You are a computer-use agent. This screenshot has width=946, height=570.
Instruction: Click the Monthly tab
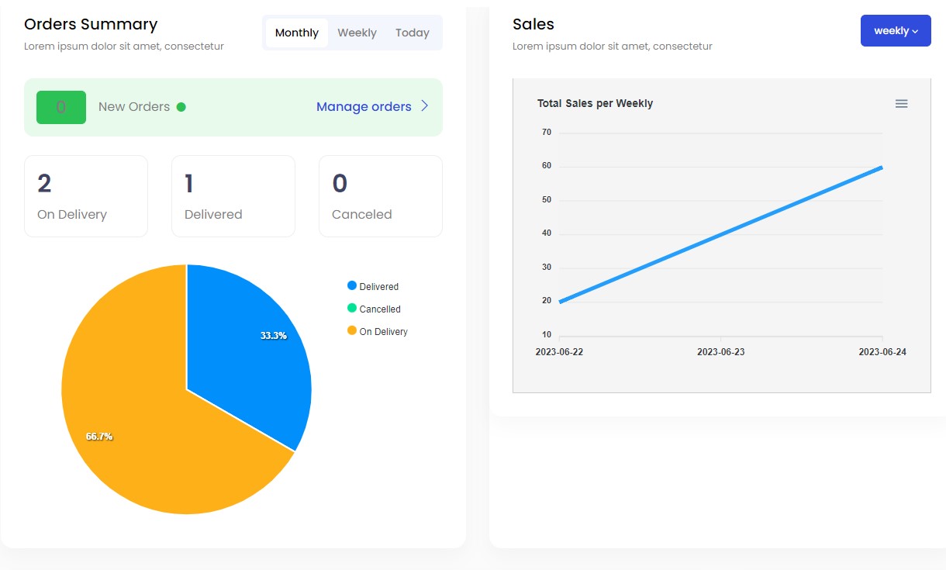coord(296,33)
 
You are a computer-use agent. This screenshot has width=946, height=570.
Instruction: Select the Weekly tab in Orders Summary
coord(357,33)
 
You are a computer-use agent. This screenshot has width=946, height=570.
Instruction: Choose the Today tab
coord(412,33)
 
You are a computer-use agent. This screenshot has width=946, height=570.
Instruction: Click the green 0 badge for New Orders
coord(61,107)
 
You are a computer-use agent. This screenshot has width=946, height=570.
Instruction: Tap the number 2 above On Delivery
coord(44,184)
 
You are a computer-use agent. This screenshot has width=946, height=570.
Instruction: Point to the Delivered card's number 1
coord(189,184)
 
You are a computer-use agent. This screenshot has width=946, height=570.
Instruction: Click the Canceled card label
coord(361,214)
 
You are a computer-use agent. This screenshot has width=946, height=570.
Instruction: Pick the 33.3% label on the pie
coord(273,336)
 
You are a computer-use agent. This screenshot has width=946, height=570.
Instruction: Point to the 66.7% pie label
coord(99,437)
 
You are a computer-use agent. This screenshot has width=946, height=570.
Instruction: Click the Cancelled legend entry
coord(379,309)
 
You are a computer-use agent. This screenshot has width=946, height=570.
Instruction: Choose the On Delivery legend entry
coord(382,331)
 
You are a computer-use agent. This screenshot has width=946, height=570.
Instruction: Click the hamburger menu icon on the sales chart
coord(901,104)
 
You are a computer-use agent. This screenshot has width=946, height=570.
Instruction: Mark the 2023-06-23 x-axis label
coord(720,352)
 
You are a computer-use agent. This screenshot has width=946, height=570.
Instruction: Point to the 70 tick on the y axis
coord(547,133)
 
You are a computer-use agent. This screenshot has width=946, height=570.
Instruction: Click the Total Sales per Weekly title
coord(595,103)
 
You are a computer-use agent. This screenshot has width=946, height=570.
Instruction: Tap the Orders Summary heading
coord(91,24)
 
